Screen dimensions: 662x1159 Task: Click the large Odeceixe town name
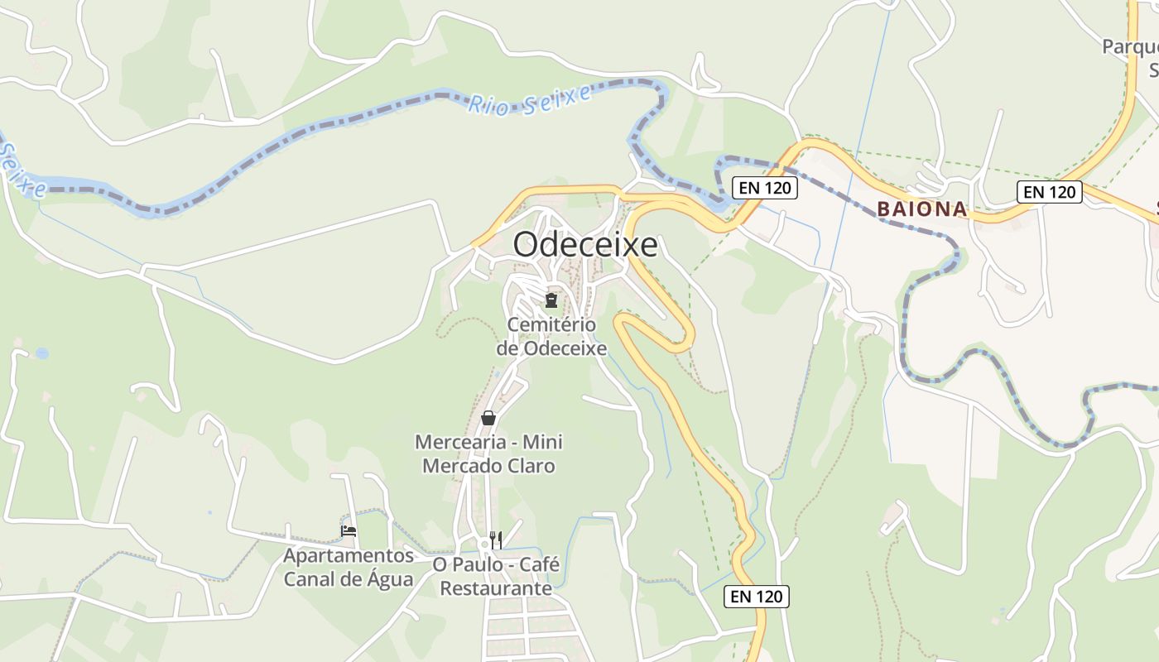tap(585, 245)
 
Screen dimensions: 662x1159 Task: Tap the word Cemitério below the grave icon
tap(551, 325)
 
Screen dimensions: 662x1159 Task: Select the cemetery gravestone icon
tap(551, 300)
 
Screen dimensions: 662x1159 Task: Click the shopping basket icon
tap(488, 418)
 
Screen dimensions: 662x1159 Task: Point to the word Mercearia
tap(458, 442)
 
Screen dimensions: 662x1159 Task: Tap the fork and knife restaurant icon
tap(496, 540)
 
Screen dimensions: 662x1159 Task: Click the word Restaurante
tap(496, 588)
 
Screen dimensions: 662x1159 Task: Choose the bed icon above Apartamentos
tap(349, 530)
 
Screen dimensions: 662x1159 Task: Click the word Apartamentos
tap(349, 554)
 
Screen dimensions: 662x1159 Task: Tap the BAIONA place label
tap(922, 209)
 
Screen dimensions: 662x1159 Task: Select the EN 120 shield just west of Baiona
tap(765, 188)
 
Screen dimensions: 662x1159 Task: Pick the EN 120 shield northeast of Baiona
tap(1050, 192)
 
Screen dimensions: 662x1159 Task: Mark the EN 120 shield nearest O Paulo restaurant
tap(757, 596)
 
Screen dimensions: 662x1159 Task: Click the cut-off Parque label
tap(1129, 46)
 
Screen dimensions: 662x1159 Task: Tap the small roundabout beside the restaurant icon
tap(484, 544)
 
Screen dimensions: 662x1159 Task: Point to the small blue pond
tap(42, 353)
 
